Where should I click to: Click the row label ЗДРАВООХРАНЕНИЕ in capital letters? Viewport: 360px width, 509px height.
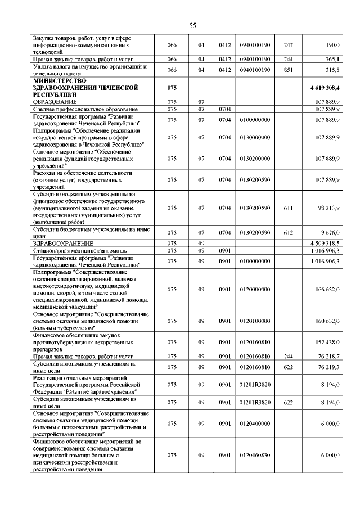coord(61,243)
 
